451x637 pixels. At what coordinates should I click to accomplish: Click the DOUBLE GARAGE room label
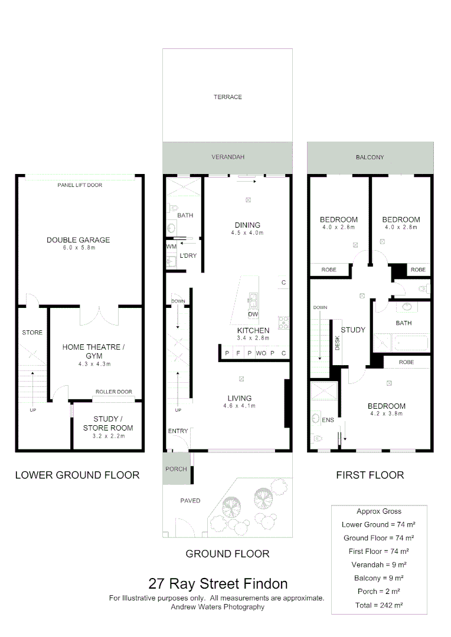(x=79, y=240)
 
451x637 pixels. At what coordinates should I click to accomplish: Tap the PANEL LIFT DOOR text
(x=80, y=185)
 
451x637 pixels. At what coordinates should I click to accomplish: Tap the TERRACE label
(x=228, y=97)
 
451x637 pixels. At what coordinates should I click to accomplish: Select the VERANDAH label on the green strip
(x=228, y=157)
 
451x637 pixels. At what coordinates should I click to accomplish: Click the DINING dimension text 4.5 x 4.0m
(x=247, y=233)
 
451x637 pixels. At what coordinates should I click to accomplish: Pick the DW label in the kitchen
(x=253, y=315)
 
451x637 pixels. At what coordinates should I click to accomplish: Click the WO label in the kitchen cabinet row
(x=261, y=353)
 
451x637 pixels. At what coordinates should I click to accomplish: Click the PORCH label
(x=176, y=469)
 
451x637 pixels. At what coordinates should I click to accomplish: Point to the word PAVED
(x=190, y=501)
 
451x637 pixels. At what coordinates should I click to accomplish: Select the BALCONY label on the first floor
(x=370, y=157)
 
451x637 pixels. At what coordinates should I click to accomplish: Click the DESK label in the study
(x=338, y=343)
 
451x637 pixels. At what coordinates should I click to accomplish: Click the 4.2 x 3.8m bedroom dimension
(x=386, y=413)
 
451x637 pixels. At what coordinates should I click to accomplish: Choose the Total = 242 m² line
(x=378, y=605)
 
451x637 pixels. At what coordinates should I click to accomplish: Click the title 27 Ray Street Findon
(x=218, y=584)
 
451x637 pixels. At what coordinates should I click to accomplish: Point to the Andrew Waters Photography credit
(x=217, y=606)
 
